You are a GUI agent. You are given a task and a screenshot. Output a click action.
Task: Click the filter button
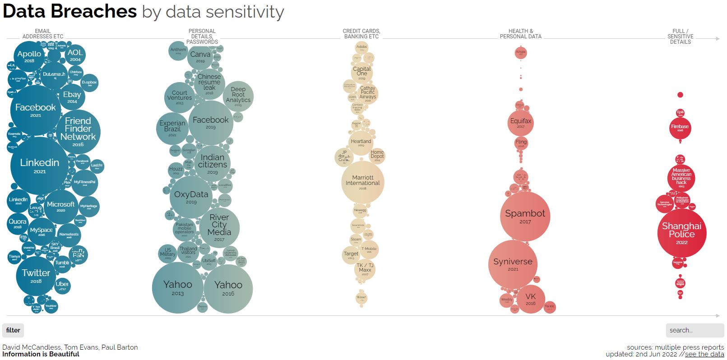[x=13, y=330]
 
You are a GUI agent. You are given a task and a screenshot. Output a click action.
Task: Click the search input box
[x=695, y=330]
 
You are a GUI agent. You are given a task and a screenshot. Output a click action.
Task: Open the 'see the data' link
[x=704, y=354]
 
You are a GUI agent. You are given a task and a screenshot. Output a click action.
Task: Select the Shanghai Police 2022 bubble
[x=681, y=233]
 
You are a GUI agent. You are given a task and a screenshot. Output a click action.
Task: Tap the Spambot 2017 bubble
[x=525, y=216]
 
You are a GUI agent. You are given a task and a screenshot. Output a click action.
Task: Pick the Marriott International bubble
[x=362, y=182]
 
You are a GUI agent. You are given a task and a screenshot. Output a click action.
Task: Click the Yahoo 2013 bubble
[x=178, y=287]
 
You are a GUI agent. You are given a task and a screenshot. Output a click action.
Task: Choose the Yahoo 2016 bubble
[x=228, y=288]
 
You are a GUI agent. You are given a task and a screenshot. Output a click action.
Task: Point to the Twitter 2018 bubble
[x=36, y=276]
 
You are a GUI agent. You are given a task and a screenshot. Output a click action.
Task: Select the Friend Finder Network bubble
[x=78, y=131]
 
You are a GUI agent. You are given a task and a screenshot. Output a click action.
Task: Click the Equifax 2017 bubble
[x=521, y=123]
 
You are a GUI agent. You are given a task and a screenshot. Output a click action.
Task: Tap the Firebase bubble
[x=680, y=128]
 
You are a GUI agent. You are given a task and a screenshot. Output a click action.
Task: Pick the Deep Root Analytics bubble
[x=238, y=96]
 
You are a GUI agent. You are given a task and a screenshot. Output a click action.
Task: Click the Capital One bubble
[x=362, y=72]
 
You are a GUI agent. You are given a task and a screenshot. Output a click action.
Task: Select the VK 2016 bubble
[x=531, y=299]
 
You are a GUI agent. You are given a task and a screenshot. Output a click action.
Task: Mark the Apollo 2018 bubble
[x=29, y=56]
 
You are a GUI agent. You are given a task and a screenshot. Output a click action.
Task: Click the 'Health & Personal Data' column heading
[x=520, y=34]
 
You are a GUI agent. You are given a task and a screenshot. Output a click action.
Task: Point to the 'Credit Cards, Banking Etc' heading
[x=361, y=34]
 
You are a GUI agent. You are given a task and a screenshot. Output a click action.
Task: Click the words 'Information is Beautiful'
[x=41, y=354]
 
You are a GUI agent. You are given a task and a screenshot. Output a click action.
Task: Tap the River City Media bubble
[x=219, y=227]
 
